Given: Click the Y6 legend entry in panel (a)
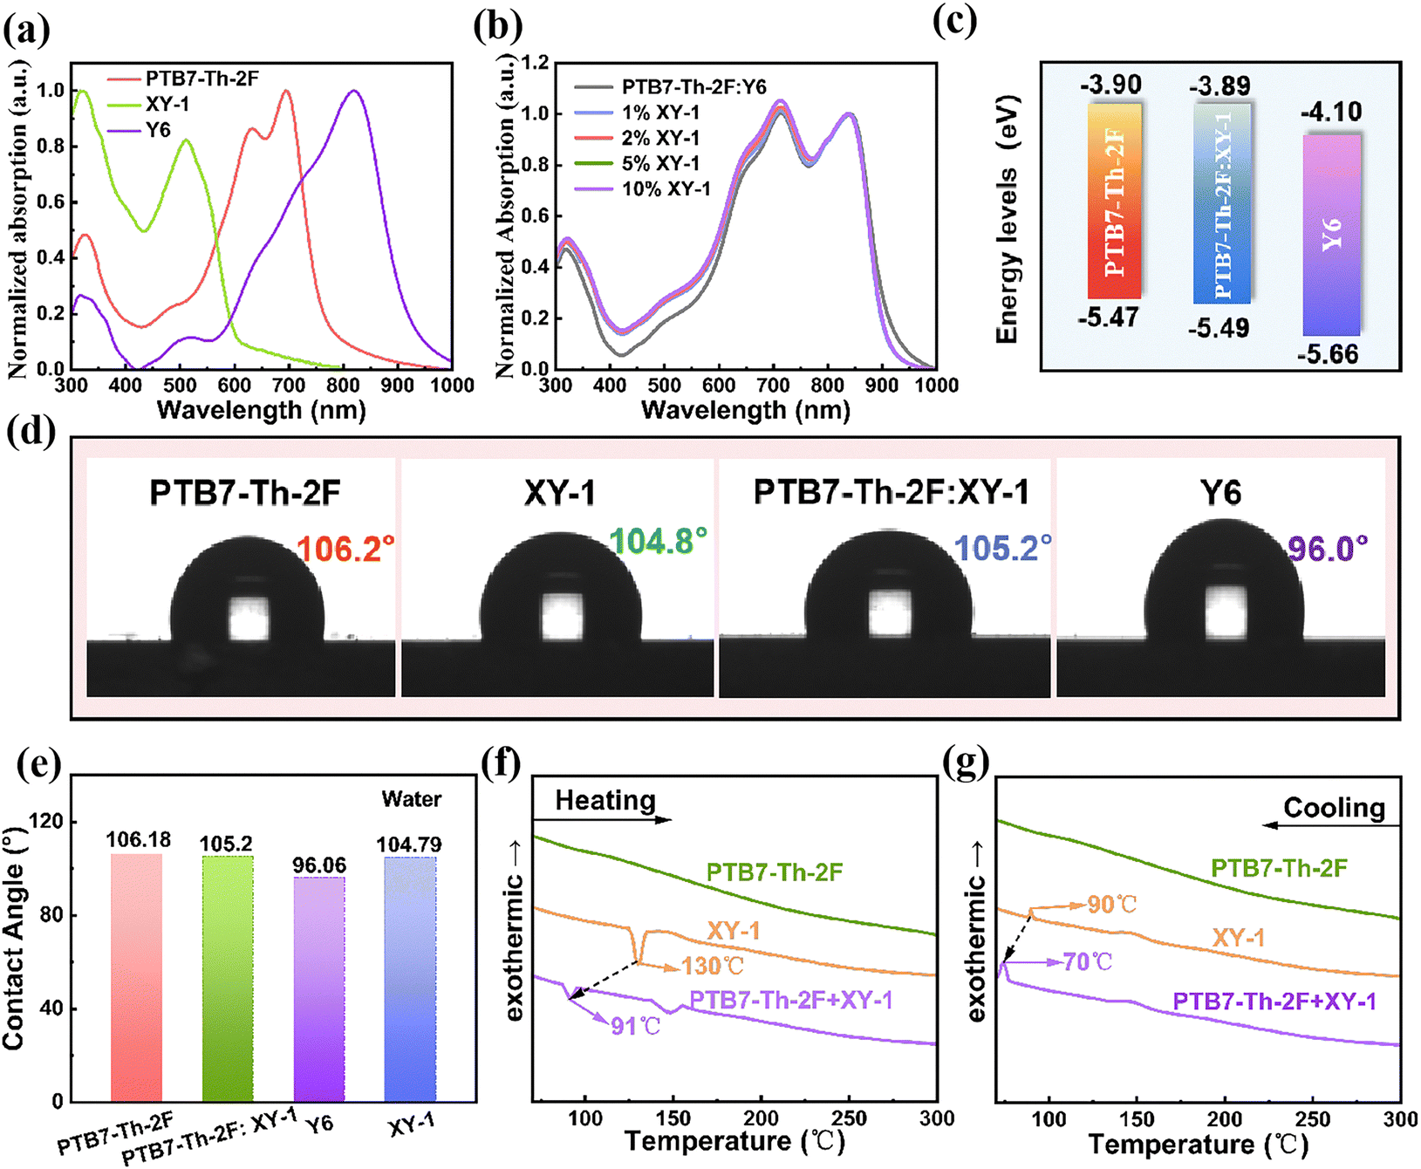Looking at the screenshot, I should tap(157, 131).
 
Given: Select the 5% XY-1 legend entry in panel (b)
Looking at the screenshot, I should tap(660, 163).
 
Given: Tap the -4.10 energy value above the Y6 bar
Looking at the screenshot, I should tap(1330, 112).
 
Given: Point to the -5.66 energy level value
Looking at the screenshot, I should tap(1328, 354).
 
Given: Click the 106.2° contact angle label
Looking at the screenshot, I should tap(345, 549).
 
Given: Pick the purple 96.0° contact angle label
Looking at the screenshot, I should tap(1328, 549).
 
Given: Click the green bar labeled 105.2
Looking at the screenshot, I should tap(228, 977).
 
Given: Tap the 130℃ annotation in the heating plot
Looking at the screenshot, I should tap(713, 966).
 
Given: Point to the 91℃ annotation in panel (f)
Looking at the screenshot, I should tap(635, 1026).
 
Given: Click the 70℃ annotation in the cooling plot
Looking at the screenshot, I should tap(1088, 962).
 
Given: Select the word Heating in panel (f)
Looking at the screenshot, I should tap(605, 800).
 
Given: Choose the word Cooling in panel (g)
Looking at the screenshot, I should tap(1334, 808).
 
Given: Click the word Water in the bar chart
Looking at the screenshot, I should tap(411, 799).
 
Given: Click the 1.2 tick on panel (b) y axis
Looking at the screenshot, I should tap(535, 63).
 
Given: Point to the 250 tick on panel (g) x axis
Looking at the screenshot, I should tap(1313, 1119).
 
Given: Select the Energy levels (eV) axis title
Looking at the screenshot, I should tap(1008, 219).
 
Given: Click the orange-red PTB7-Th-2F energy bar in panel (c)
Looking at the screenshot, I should tap(1115, 201).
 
